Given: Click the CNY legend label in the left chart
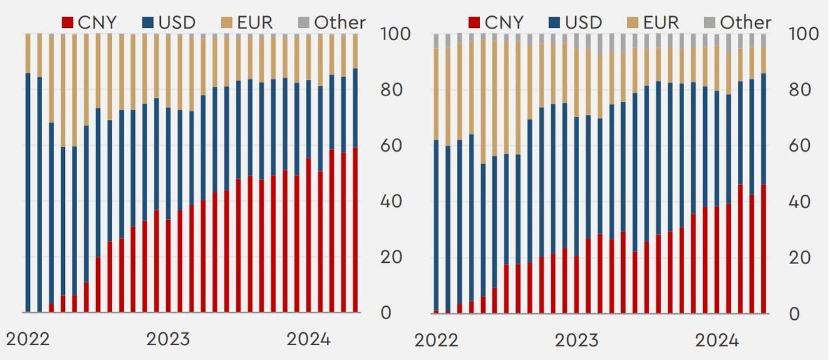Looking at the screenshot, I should [97, 22].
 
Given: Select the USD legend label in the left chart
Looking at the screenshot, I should [176, 22].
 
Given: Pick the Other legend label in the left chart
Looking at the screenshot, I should [340, 22].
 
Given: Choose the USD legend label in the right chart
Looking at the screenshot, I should [582, 22].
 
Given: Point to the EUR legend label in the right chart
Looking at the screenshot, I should [661, 22].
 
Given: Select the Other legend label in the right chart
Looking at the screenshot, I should [746, 22].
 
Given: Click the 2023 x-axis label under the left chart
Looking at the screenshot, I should [168, 339].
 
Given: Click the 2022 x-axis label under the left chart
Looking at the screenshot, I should [28, 339].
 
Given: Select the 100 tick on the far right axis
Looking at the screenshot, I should [803, 34].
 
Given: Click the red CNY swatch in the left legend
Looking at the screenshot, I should [67, 23].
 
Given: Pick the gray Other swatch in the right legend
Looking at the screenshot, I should [709, 23].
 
